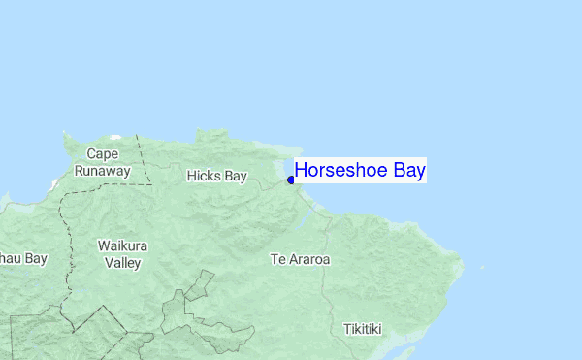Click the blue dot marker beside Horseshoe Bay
pyautogui.click(x=291, y=180)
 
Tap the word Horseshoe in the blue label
pyautogui.click(x=339, y=171)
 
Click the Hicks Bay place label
pyautogui.click(x=216, y=176)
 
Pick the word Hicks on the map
pyautogui.click(x=204, y=176)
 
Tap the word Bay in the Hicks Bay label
pyautogui.click(x=235, y=177)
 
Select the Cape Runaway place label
pyautogui.click(x=102, y=162)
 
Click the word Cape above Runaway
pyautogui.click(x=102, y=154)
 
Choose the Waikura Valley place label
pyautogui.click(x=122, y=254)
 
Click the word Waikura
pyautogui.click(x=122, y=245)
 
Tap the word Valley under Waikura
pyautogui.click(x=122, y=263)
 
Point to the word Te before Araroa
pyautogui.click(x=276, y=260)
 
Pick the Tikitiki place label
pyautogui.click(x=363, y=329)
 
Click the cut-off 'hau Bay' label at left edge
pyautogui.click(x=23, y=259)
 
